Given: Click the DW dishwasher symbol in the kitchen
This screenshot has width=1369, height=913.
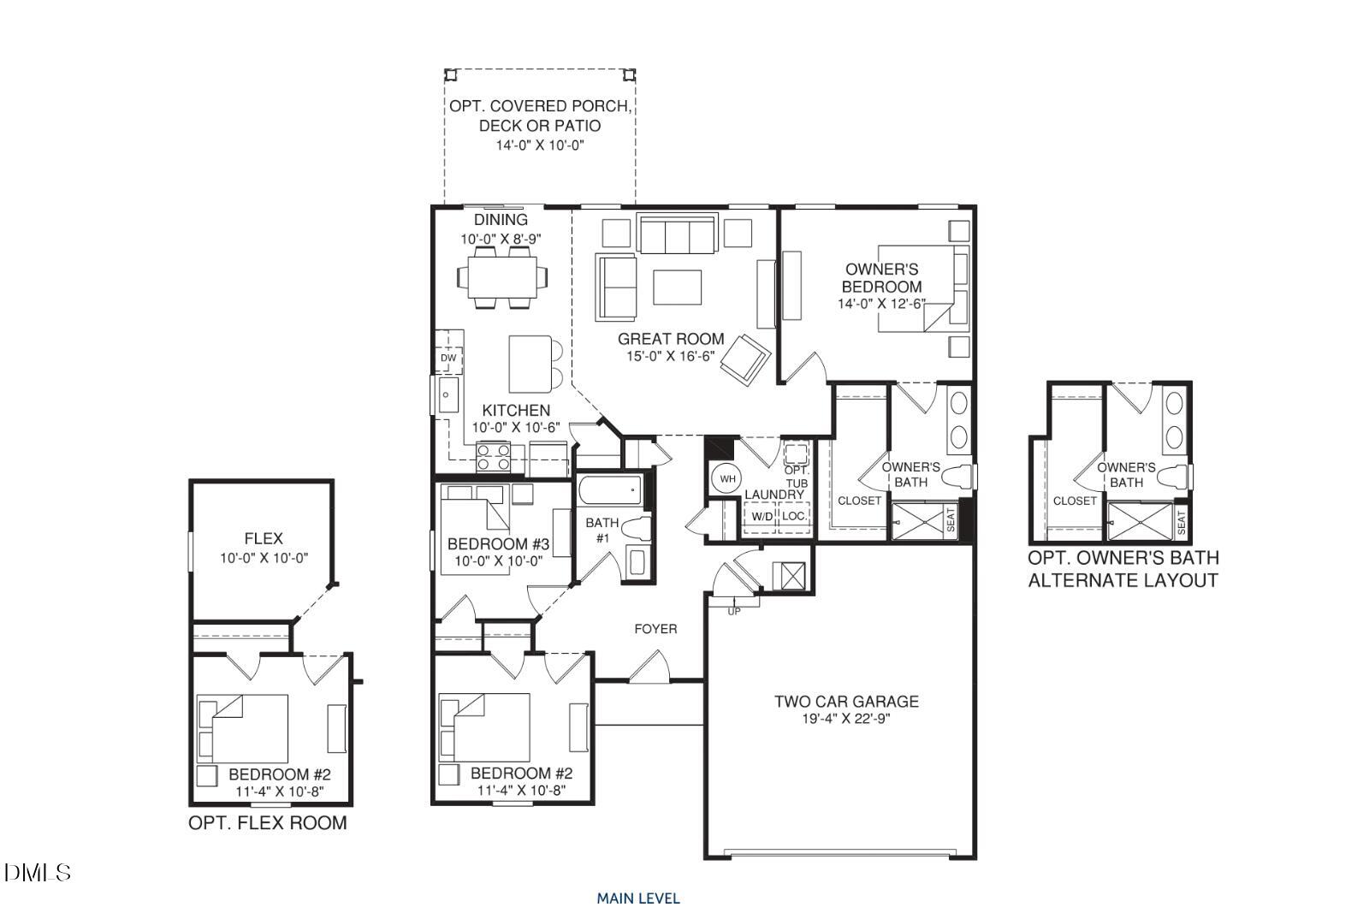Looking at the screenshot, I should [448, 358].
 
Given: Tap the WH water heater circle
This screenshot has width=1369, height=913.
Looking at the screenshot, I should [727, 479].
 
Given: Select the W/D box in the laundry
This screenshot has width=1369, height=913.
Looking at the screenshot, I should [761, 516].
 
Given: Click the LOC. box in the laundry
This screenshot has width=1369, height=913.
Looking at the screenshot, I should [793, 516].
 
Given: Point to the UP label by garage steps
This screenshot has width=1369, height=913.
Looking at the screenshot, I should [733, 611].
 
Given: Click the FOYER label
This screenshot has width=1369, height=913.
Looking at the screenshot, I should [655, 629].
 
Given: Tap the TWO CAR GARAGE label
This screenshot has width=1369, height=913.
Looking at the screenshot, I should [846, 702].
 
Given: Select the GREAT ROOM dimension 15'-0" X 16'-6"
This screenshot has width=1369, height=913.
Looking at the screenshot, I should [671, 356].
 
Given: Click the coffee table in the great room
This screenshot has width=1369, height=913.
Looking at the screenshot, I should [677, 287].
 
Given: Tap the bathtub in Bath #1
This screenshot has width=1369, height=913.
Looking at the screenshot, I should [608, 491].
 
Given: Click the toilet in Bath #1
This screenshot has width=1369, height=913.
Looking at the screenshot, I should [637, 528].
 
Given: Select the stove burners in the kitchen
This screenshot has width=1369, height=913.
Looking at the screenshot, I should [494, 457].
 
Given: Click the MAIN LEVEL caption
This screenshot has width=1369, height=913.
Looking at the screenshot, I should [638, 898].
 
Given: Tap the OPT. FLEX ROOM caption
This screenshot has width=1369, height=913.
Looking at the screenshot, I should [267, 823].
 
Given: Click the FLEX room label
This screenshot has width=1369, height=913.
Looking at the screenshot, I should [263, 538].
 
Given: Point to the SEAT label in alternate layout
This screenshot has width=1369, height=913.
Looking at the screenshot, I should [1181, 521].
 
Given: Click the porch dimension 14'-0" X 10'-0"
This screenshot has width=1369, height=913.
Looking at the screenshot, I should [540, 145].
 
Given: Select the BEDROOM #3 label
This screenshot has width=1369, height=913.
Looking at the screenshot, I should [497, 544].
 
